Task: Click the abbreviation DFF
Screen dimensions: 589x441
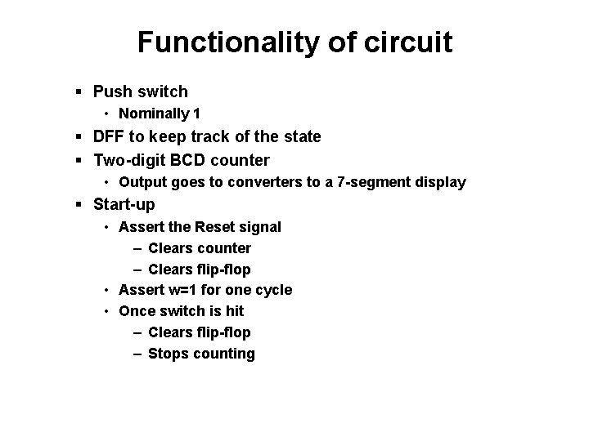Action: click(x=111, y=136)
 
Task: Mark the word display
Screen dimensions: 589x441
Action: click(x=440, y=183)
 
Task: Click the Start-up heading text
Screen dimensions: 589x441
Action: click(x=124, y=204)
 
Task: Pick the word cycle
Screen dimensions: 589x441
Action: click(x=275, y=290)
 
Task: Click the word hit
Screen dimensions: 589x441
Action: click(x=234, y=311)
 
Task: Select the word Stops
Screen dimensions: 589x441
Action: click(x=168, y=354)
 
